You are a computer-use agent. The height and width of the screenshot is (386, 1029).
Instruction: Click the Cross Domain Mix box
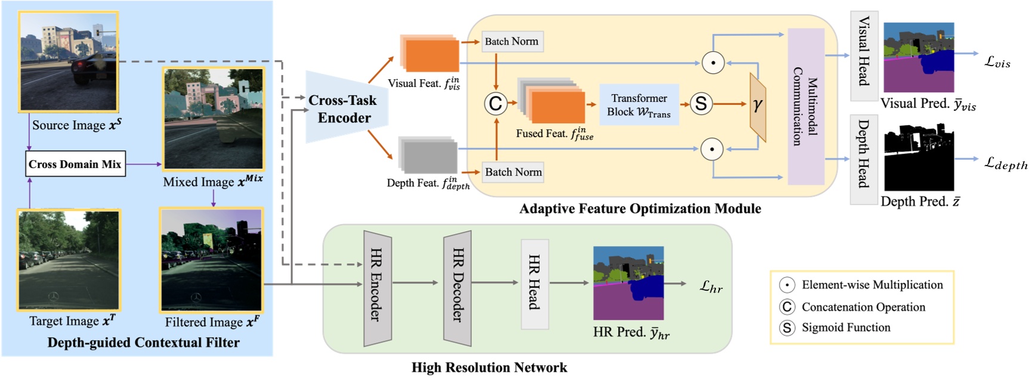(75, 164)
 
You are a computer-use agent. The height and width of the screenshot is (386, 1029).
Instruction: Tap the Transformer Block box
(639, 105)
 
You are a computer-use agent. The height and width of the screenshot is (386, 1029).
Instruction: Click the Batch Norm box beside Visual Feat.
(512, 42)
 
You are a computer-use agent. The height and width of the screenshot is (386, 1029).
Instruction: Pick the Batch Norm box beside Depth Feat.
(513, 172)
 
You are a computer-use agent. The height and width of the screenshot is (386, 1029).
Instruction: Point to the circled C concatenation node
(495, 104)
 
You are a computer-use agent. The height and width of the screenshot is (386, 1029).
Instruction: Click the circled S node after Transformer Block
(701, 104)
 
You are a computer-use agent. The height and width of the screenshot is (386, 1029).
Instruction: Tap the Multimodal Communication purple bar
(805, 106)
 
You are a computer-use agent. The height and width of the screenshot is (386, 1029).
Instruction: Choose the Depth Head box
(864, 159)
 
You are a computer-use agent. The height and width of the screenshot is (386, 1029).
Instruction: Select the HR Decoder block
(458, 288)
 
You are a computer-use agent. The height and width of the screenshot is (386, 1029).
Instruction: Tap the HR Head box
(534, 284)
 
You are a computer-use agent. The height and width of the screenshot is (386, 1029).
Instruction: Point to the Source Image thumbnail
(69, 62)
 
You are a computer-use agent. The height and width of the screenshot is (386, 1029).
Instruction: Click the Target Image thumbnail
(69, 260)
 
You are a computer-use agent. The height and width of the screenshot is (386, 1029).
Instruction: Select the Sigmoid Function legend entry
(845, 328)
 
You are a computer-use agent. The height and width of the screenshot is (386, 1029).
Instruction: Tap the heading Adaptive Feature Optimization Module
(639, 209)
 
